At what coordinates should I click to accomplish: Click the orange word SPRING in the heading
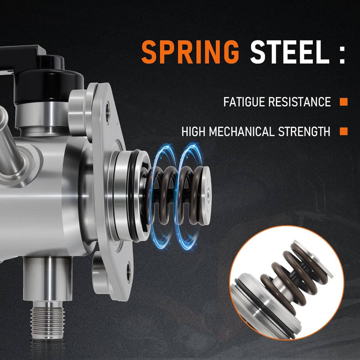click(190, 52)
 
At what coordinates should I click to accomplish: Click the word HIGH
click(193, 131)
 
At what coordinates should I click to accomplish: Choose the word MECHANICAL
click(242, 131)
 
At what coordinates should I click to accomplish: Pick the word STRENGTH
click(304, 131)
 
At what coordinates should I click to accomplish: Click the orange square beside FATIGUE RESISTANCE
click(344, 102)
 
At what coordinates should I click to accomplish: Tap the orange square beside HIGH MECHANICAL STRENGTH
click(344, 131)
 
